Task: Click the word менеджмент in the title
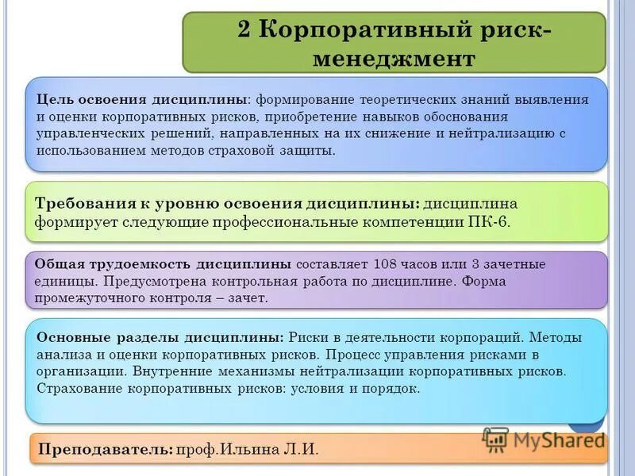tap(394, 59)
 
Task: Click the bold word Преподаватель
tap(105, 449)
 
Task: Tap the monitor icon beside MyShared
tap(495, 439)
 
